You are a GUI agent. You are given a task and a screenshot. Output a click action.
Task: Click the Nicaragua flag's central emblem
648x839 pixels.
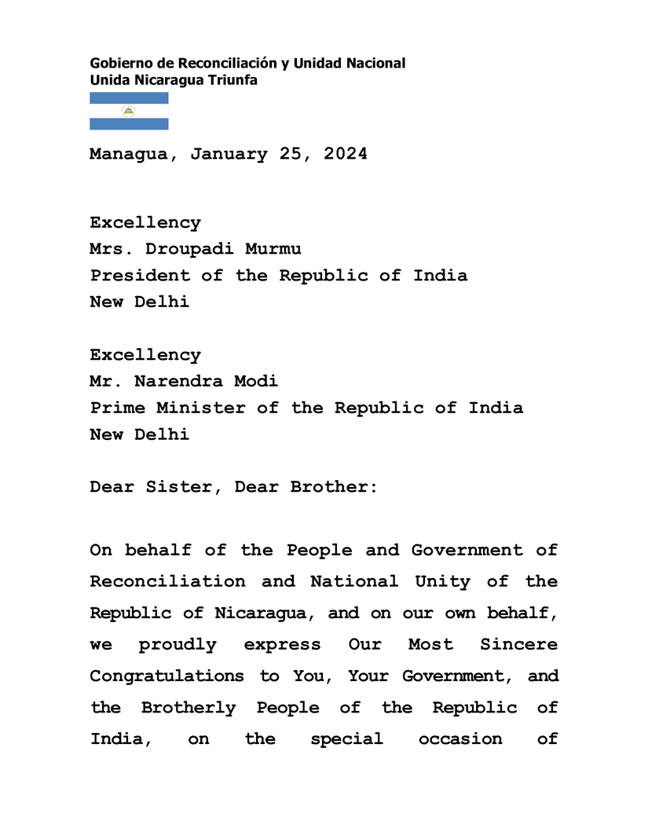[129, 111]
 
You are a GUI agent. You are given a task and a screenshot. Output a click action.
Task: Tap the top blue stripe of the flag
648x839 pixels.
[129, 97]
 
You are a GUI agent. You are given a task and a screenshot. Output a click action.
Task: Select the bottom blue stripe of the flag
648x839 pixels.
[129, 124]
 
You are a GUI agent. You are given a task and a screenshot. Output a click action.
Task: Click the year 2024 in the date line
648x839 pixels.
[339, 154]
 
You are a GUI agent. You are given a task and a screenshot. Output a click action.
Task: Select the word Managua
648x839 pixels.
[128, 154]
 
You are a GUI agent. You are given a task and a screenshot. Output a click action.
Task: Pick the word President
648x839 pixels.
[140, 276]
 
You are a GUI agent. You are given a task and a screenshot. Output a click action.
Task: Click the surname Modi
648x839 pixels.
[256, 382]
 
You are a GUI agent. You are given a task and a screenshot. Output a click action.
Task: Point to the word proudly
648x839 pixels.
[178, 645]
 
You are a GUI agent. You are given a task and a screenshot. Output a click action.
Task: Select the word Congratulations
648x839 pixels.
[167, 676]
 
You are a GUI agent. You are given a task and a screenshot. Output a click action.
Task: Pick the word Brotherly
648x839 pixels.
[189, 708]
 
